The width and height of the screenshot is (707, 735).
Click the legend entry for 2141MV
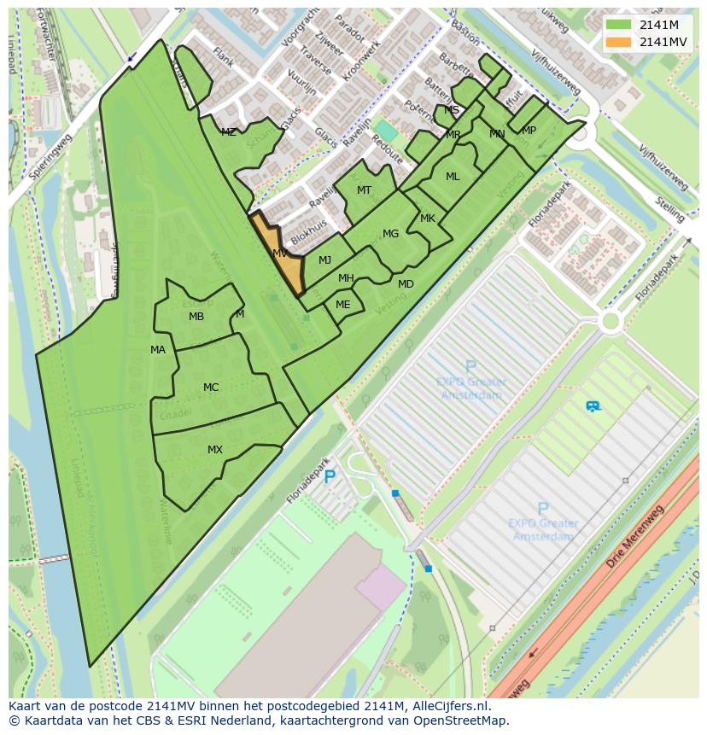pos(663,42)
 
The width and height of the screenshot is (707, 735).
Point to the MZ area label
pos(228,132)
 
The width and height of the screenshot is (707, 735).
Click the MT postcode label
pos(364,190)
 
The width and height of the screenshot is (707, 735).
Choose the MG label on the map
pos(390,234)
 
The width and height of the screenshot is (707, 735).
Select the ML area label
pos(453,177)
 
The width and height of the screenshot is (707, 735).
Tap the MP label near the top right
pos(529,131)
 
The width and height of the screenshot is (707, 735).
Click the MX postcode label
pos(215,450)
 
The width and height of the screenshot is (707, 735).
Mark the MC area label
pos(211,388)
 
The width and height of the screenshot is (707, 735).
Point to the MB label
pos(196,317)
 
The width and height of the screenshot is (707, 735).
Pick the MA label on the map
pos(158,350)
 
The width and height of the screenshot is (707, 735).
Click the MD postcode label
pos(406,284)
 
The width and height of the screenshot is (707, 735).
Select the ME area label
pos(342,305)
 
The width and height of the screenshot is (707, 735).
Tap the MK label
pos(428,219)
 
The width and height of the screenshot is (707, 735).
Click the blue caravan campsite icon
pos(593,406)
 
